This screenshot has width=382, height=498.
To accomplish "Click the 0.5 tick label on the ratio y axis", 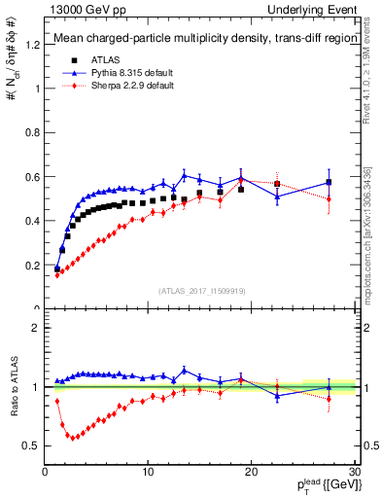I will (x=34, y=445).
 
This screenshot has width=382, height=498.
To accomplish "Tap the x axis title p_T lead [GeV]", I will (x=321, y=485).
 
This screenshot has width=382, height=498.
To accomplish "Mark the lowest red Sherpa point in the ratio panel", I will (x=70, y=437).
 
